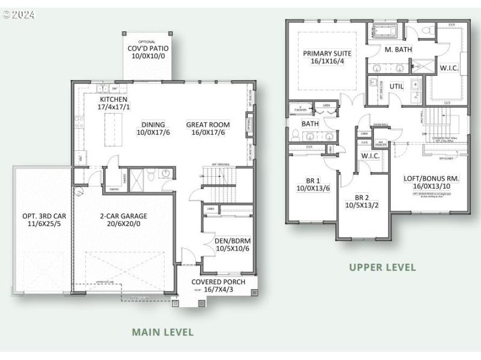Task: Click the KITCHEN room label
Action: click(x=114, y=99)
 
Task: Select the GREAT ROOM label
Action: click(x=208, y=124)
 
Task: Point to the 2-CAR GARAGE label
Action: click(x=123, y=216)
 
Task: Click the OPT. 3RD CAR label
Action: click(x=41, y=216)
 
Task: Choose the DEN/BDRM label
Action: click(x=231, y=242)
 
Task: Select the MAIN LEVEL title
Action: click(x=163, y=332)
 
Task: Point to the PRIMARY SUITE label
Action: click(x=327, y=53)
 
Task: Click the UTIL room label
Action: click(x=397, y=87)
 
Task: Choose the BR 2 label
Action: click(x=362, y=197)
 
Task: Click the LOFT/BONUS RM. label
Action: click(x=432, y=178)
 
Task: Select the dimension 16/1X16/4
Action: click(x=327, y=61)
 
